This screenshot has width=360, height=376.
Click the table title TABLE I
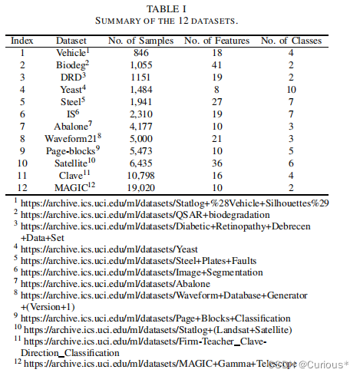tap(180, 8)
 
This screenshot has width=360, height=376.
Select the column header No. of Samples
tap(140, 39)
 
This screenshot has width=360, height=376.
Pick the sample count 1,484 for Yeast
tap(140, 90)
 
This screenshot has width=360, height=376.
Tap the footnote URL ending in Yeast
tap(111, 249)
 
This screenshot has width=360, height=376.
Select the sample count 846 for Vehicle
tap(140, 53)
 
